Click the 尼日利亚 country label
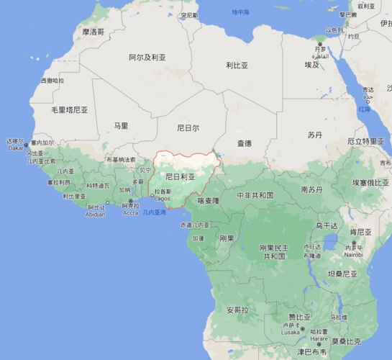[180, 176]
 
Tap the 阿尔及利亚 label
[147, 57]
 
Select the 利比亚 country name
[237, 65]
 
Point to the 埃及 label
[311, 65]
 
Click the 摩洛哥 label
[93, 32]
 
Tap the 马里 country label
[121, 126]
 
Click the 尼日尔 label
[188, 128]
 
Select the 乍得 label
[245, 143]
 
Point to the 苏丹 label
[315, 135]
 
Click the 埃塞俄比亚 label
[370, 183]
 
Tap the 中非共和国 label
[255, 195]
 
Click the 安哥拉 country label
[237, 310]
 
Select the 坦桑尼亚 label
[342, 274]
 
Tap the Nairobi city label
[353, 254]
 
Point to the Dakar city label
[15, 148]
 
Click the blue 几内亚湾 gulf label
[154, 212]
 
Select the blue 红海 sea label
[365, 109]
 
